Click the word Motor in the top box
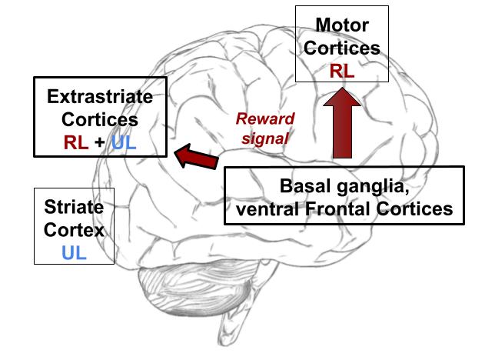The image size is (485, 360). pyautogui.click(x=341, y=25)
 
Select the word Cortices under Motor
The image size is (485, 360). pyautogui.click(x=341, y=48)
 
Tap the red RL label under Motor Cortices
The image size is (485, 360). pyautogui.click(x=341, y=72)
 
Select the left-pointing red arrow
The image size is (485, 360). pyautogui.click(x=196, y=156)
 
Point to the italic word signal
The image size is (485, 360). pyautogui.click(x=264, y=138)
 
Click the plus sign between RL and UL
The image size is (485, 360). pyautogui.click(x=100, y=142)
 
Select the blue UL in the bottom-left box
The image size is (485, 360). pyautogui.click(x=75, y=252)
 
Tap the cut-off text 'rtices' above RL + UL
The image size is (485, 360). pyautogui.click(x=114, y=120)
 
